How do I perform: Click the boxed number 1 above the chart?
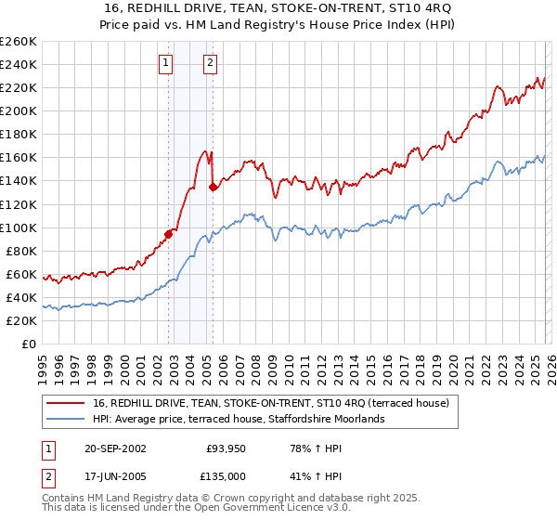[x=165, y=63]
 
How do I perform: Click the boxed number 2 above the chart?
[x=210, y=63]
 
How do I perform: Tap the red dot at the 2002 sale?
[x=169, y=234]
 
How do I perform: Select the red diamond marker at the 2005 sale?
[x=214, y=187]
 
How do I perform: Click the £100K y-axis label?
[x=19, y=227]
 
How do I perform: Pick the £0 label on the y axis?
[x=28, y=344]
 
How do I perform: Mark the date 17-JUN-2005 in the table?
[x=116, y=477]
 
